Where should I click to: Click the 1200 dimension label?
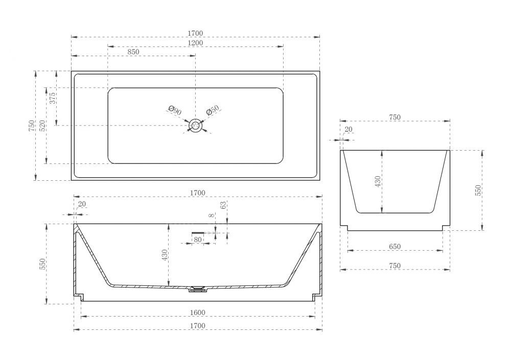pos(196,43)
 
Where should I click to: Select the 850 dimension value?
pos(133,52)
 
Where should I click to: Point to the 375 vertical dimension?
pos(53,98)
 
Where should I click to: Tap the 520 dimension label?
pos(42,126)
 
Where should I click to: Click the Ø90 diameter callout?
pos(175,110)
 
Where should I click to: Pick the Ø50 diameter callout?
pos(213,110)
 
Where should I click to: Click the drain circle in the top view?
pos(196,126)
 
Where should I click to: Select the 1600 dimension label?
pos(197,313)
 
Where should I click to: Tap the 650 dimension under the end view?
pos(394,247)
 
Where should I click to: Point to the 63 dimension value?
pos(223,205)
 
